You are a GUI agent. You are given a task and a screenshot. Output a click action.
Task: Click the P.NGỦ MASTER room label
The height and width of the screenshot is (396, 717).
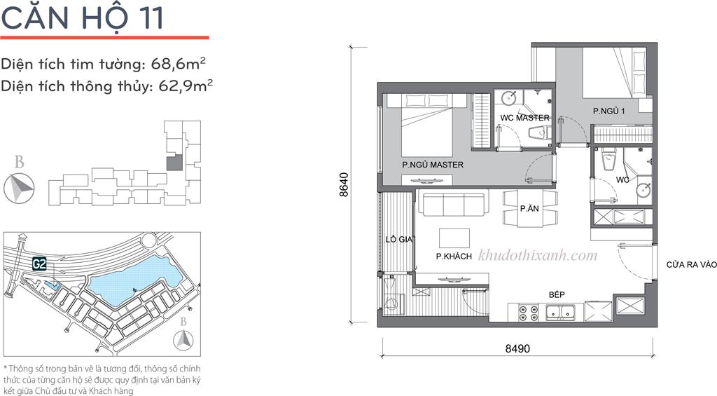pyautogui.click(x=433, y=164)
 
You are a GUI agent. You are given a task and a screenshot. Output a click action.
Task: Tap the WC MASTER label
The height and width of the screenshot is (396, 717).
pyautogui.click(x=524, y=118)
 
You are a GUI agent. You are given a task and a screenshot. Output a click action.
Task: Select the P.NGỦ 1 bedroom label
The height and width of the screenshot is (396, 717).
pyautogui.click(x=608, y=111)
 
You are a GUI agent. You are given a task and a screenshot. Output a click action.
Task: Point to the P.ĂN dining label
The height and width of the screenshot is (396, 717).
pyautogui.click(x=529, y=208)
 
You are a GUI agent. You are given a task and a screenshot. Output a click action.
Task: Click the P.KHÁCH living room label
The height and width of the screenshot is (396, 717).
pyautogui.click(x=454, y=257)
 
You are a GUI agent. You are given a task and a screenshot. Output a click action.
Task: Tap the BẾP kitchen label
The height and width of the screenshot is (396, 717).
pyautogui.click(x=557, y=295)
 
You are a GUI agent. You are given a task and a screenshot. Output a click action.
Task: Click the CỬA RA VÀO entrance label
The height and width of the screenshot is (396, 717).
pyautogui.click(x=691, y=265)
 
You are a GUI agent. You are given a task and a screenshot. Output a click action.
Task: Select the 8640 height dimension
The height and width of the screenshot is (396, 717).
pyautogui.click(x=344, y=184)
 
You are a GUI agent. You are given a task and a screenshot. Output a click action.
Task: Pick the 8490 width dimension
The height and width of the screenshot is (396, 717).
pyautogui.click(x=517, y=348)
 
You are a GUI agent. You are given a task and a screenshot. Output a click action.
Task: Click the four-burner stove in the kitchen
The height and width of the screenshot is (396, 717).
pyautogui.click(x=528, y=312)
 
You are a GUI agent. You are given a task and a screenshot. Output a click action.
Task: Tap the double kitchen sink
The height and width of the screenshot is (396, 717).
pyautogui.click(x=560, y=312)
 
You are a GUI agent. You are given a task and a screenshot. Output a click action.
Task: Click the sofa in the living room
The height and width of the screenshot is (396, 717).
pyautogui.click(x=453, y=204)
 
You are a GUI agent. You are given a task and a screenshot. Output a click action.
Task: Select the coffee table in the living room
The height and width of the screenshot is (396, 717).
pyautogui.click(x=454, y=238)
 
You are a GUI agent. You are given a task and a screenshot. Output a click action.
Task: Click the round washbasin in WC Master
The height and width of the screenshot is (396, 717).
pyautogui.click(x=509, y=98)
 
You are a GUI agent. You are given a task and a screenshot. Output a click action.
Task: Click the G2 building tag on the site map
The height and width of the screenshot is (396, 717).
pyautogui.click(x=39, y=264)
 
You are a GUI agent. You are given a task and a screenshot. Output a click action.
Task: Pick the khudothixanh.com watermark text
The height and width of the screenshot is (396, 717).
pyautogui.click(x=538, y=255)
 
